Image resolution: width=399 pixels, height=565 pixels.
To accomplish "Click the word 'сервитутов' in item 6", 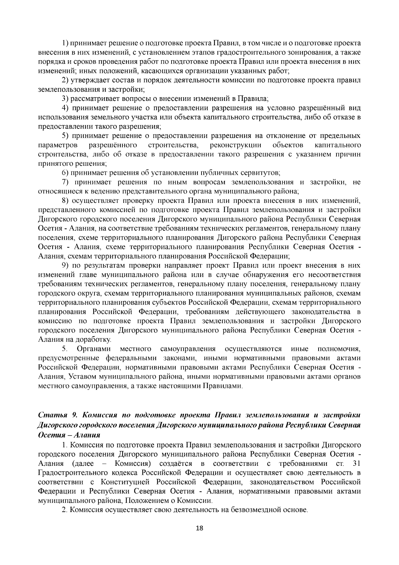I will (262, 173).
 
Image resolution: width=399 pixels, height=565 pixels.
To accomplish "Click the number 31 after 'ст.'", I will (356, 464).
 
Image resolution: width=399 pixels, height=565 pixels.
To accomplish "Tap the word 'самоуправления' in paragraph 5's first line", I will (188, 349).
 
